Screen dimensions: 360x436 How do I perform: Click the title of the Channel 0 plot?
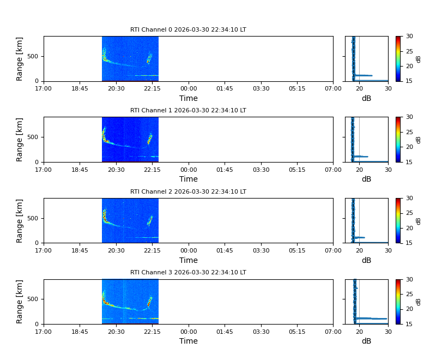[x=188, y=30]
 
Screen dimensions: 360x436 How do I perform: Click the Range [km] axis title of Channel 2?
[x=20, y=220]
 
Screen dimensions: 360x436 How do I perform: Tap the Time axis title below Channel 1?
[x=189, y=179]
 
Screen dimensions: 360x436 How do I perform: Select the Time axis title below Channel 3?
[x=189, y=341]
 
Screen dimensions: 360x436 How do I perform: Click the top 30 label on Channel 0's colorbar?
[x=409, y=37]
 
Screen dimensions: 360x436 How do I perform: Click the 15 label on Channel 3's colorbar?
[x=409, y=324]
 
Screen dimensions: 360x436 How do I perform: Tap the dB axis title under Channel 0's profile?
[x=366, y=99]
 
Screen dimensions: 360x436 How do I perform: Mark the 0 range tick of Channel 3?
[x=38, y=324]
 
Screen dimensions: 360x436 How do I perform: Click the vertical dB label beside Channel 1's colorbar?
[x=419, y=140]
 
